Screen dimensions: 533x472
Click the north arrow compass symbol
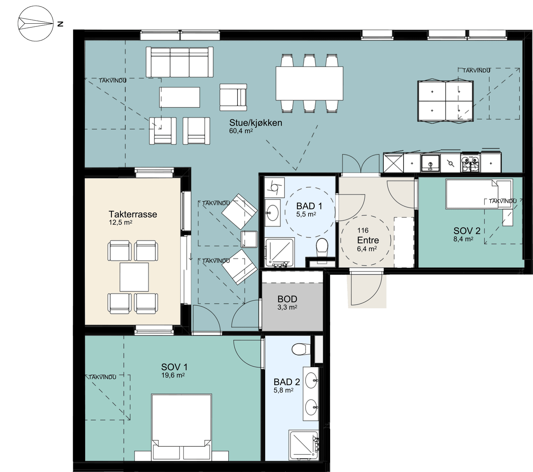pos(36,23)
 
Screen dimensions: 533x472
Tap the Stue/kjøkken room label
pos(256,123)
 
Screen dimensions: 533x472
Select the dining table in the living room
pos(309,83)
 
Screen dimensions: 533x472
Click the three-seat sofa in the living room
pos(179,62)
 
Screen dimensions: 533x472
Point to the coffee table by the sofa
pos(179,97)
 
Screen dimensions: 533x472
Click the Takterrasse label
pos(133,214)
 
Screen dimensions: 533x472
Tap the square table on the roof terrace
pos(134,277)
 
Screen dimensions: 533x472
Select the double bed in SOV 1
pos(182,427)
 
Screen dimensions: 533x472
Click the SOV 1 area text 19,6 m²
pos(173,375)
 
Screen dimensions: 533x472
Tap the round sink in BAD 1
pos(273,213)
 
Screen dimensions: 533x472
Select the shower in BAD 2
pos(304,445)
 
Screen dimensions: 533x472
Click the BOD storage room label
pos(287,299)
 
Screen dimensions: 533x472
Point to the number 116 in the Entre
pos(363,230)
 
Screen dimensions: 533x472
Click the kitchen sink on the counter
pos(430,163)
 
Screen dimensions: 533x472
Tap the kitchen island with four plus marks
pos(445,101)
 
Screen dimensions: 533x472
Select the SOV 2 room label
pos(467,231)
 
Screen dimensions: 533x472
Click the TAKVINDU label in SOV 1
pos(102,377)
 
